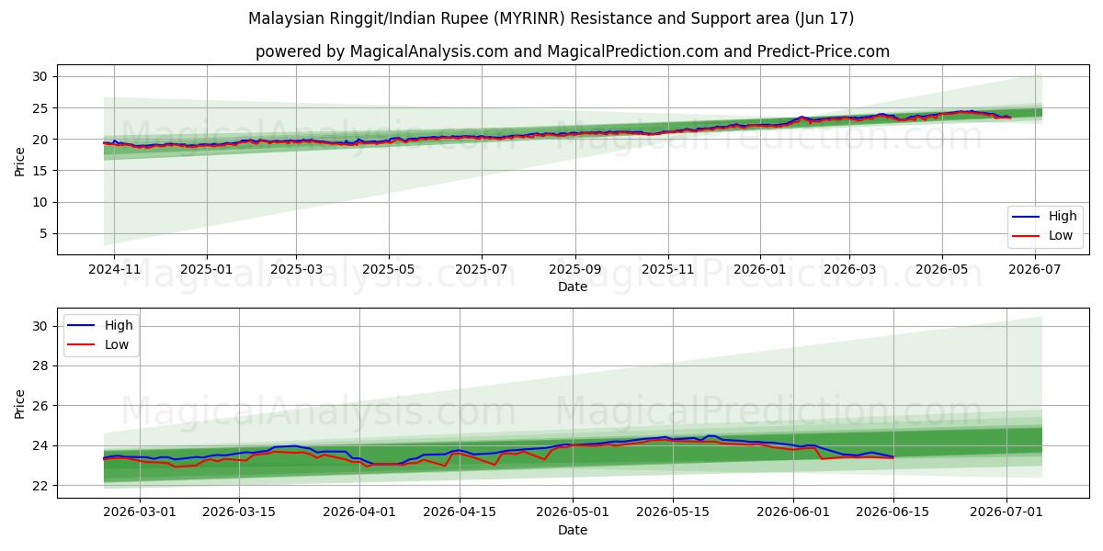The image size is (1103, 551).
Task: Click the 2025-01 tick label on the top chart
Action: (x=207, y=270)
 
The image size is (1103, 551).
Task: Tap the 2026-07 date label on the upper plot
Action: (x=1035, y=270)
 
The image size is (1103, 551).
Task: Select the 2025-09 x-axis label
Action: (x=575, y=270)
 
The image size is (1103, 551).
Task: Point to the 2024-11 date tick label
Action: (x=114, y=270)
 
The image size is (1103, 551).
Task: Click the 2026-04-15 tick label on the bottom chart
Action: (x=460, y=512)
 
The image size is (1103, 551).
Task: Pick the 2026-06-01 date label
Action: (x=792, y=512)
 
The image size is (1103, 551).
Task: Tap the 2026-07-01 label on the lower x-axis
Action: (x=1006, y=512)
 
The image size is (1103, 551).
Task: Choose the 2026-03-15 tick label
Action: (x=239, y=512)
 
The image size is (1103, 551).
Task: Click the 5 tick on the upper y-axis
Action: (x=43, y=233)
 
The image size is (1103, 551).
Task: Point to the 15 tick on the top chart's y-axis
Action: (x=40, y=171)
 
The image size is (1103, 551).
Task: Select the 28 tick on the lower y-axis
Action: (x=40, y=366)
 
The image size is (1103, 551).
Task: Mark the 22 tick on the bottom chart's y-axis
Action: (x=40, y=486)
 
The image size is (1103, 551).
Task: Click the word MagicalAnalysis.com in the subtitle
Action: (x=429, y=51)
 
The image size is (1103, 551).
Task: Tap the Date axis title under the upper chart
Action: (x=572, y=287)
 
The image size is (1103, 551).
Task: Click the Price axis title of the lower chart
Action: (x=19, y=404)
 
